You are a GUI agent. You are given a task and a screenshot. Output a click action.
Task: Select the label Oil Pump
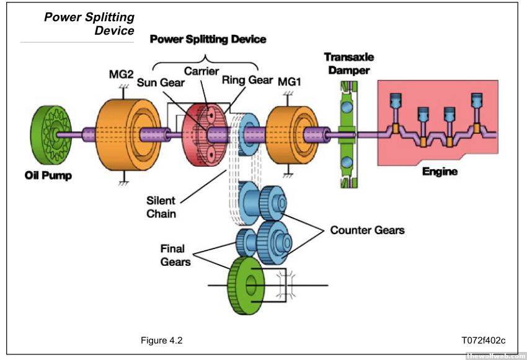point(48,175)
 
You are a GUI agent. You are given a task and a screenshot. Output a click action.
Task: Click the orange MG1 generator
point(286,133)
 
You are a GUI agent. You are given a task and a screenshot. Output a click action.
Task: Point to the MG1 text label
point(290,82)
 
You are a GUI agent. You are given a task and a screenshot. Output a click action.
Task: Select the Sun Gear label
point(161,82)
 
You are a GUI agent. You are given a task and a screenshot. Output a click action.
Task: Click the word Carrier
point(201,71)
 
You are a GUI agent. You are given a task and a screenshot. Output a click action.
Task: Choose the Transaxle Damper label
point(348,64)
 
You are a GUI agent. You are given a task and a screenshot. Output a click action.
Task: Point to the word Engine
point(440,171)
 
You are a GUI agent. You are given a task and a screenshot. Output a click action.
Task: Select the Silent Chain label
point(161,207)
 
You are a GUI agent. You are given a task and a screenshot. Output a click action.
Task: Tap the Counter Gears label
point(367,230)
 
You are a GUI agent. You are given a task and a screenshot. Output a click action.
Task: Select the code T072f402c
point(483,340)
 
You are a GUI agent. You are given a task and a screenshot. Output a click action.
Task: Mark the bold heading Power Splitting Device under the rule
point(208,39)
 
